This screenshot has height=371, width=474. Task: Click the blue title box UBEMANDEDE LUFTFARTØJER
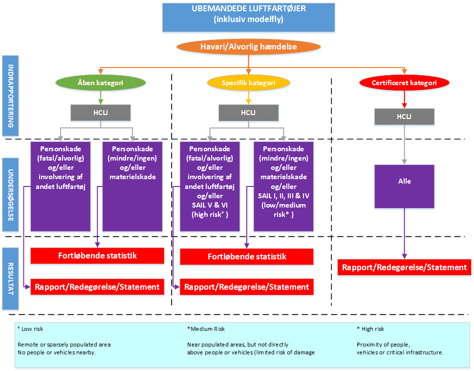[249, 17]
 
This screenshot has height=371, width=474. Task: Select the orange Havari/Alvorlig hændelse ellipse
[249, 47]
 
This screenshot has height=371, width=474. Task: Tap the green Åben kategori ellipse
[101, 83]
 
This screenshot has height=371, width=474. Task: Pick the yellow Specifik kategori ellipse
[248, 83]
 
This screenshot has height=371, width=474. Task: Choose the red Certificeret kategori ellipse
[404, 83]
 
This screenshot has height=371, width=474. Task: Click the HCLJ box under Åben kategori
[101, 113]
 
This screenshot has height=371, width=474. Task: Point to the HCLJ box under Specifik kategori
[248, 113]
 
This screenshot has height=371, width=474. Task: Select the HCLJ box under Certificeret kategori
[404, 116]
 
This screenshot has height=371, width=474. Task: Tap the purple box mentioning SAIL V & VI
[210, 186]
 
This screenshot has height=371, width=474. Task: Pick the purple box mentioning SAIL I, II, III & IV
[283, 186]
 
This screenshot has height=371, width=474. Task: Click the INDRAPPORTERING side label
[10, 95]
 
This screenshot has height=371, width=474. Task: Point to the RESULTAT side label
[10, 278]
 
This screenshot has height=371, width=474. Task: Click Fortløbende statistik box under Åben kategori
[97, 255]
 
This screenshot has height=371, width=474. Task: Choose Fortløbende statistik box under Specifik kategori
[247, 256]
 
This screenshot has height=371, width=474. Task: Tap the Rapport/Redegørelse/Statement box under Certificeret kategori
[405, 267]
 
